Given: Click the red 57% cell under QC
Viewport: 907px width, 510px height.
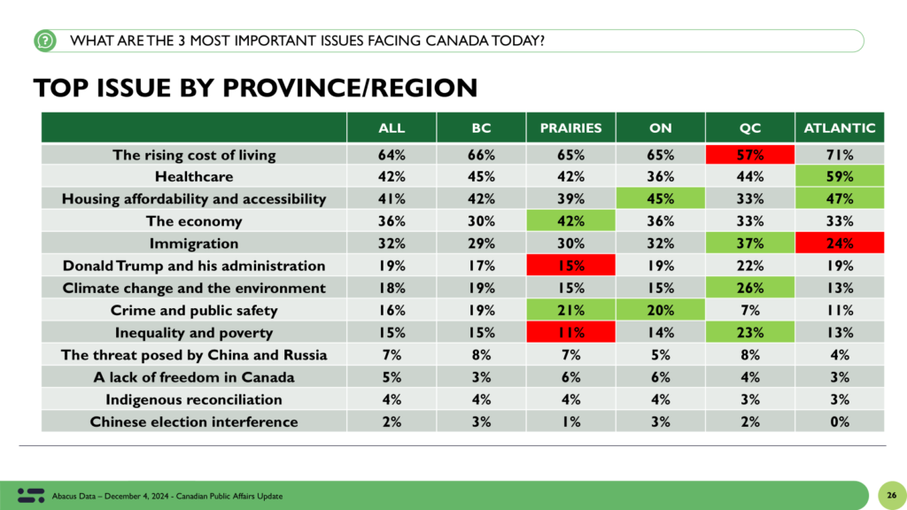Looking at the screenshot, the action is coord(749,154).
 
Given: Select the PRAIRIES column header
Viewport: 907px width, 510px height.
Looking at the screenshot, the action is coord(570,127).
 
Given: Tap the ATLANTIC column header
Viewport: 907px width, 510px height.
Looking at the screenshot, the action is coord(840,127).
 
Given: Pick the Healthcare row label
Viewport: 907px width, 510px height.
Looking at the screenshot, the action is coord(194,176).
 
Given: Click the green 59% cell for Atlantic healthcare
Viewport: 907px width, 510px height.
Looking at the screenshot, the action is coord(840,176).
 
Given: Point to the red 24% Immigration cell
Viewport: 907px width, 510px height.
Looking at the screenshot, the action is coord(840,243).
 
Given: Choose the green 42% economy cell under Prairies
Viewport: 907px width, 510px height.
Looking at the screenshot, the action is coord(570,220).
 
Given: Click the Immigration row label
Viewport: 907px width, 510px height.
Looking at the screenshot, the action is coord(194,243).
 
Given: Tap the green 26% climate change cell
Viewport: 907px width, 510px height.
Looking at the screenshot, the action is coord(749,288).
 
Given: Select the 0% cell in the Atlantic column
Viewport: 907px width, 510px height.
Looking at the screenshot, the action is coord(840,421).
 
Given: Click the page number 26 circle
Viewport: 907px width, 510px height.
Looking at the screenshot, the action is coord(891,496).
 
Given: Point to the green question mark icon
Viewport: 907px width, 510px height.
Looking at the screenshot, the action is coord(45,41).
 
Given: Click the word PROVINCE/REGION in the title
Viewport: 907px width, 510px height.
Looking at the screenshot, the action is coord(350,88).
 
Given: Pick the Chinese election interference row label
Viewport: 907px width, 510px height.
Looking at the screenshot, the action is coord(194,421).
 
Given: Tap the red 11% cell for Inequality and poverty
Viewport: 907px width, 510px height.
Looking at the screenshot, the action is coord(570,333).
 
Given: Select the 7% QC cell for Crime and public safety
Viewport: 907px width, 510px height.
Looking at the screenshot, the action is coord(749,311).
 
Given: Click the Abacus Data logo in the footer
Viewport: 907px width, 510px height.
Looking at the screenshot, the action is coord(31,496).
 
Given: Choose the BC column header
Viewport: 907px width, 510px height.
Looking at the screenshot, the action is coord(481,127).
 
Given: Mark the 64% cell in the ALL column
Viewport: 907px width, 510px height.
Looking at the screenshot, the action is coord(391,154).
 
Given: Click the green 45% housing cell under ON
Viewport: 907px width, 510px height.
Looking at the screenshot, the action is coord(660,199).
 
